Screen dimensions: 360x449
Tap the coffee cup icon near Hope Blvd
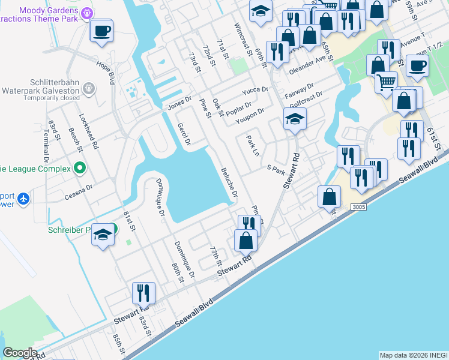(101, 29)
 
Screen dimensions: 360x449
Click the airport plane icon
(23, 198)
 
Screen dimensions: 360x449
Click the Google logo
(20, 352)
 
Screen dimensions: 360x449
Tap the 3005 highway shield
(359, 206)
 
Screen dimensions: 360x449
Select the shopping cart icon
(386, 82)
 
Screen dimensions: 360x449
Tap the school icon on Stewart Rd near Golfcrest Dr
(295, 120)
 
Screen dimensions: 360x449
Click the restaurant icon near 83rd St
(143, 293)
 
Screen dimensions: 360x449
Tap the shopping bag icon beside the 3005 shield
(329, 196)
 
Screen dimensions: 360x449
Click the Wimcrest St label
(243, 38)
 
